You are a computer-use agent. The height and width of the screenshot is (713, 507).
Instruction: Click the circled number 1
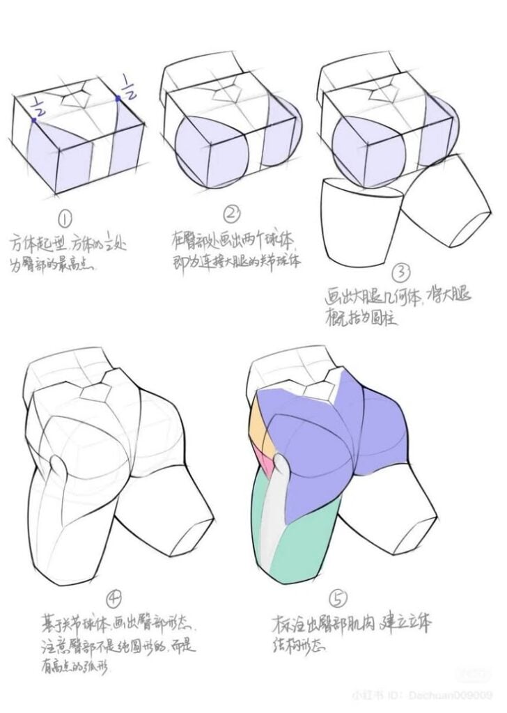point(65,221)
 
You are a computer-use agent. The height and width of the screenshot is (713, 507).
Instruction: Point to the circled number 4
point(115,600)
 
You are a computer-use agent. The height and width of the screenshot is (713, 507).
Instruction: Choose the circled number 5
point(337,598)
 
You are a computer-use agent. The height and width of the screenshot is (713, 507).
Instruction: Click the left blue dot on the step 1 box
point(33,120)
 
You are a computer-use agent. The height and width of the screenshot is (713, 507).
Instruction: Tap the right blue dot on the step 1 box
point(118,99)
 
